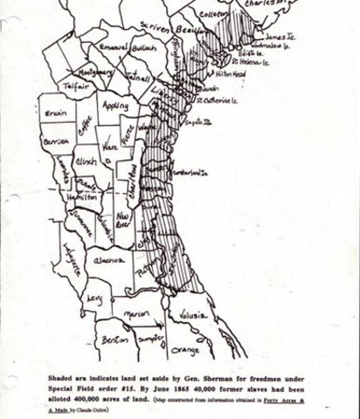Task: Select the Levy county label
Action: click(x=94, y=299)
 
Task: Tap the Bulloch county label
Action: click(x=146, y=47)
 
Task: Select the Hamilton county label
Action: click(x=83, y=199)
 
